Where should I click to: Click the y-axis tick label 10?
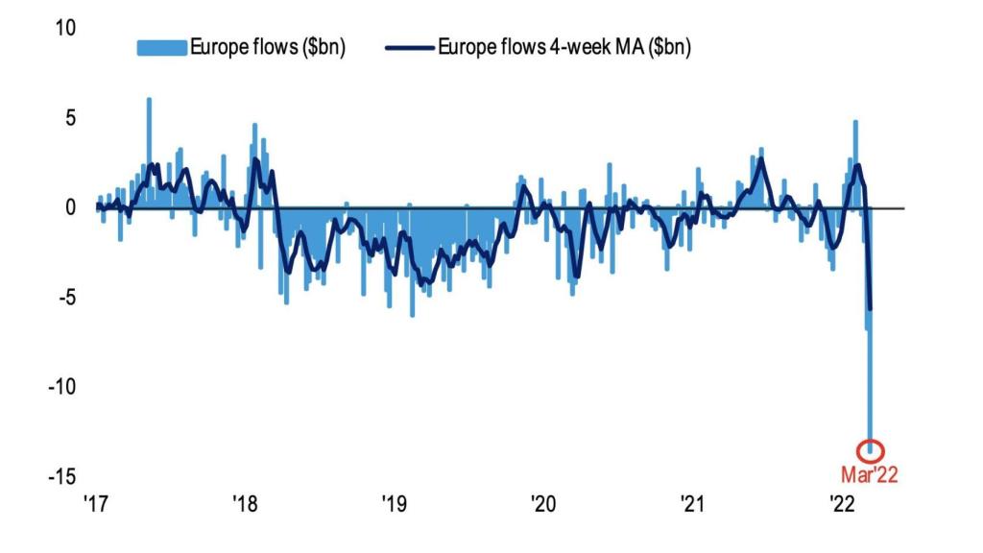[x=65, y=28]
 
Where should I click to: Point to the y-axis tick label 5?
[x=70, y=117]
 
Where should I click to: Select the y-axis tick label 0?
[x=70, y=207]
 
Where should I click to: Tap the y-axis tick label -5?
[x=67, y=298]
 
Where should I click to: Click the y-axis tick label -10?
[x=62, y=386]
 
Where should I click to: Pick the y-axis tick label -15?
[x=62, y=476]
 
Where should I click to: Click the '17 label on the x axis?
[x=96, y=503]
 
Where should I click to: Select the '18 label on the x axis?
[x=245, y=503]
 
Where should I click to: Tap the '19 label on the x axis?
[x=395, y=503]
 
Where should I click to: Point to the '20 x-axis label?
[x=543, y=503]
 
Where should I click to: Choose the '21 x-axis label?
[x=693, y=503]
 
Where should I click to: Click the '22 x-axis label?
[x=842, y=503]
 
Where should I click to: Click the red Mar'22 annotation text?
[x=870, y=474]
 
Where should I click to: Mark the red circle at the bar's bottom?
[x=870, y=441]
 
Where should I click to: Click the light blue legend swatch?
[x=161, y=48]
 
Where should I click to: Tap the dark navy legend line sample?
[x=410, y=48]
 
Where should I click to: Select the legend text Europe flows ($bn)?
[x=268, y=47]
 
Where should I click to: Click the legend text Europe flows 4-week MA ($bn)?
[x=564, y=47]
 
